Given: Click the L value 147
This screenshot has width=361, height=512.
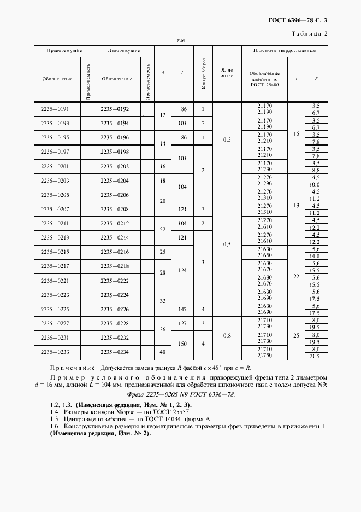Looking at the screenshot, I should coord(183,309).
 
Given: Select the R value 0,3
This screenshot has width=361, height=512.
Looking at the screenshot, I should coord(227,140).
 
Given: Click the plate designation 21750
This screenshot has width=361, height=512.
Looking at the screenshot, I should coord(264,356).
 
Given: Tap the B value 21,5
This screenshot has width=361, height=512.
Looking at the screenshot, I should coord(315,356).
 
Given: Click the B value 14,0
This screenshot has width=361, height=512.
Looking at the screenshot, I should coord(315,256).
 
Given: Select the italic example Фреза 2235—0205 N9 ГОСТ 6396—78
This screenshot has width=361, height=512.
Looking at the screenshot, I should coord(180,394).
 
